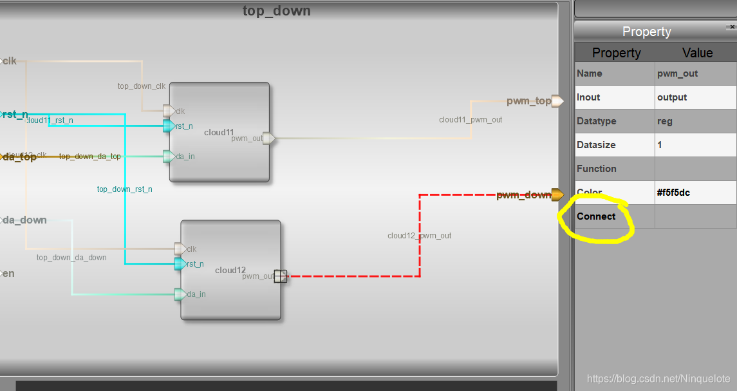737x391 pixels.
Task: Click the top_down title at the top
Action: point(276,11)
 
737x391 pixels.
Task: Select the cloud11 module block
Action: point(219,132)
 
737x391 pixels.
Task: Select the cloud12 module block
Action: point(230,270)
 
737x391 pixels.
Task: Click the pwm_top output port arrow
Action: point(557,101)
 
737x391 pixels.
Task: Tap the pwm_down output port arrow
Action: point(557,195)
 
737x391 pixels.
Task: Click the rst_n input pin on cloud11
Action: point(169,126)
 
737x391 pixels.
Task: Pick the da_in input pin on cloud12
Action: point(180,294)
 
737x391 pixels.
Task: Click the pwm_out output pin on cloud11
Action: point(269,138)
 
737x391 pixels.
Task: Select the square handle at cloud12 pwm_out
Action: point(280,276)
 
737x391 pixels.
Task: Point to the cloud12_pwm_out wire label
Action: point(419,236)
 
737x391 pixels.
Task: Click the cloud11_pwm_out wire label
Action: point(471,120)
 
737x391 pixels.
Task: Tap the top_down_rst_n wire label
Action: point(124,189)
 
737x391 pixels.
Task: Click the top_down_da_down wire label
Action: point(71,258)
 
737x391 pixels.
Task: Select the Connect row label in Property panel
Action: point(596,216)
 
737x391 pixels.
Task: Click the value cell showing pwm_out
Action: point(677,73)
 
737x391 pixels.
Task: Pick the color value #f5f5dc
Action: point(673,193)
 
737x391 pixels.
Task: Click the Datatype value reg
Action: point(665,121)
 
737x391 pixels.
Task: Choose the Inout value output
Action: point(672,97)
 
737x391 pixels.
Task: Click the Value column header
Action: point(697,53)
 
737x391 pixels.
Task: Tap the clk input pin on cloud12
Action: point(180,249)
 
